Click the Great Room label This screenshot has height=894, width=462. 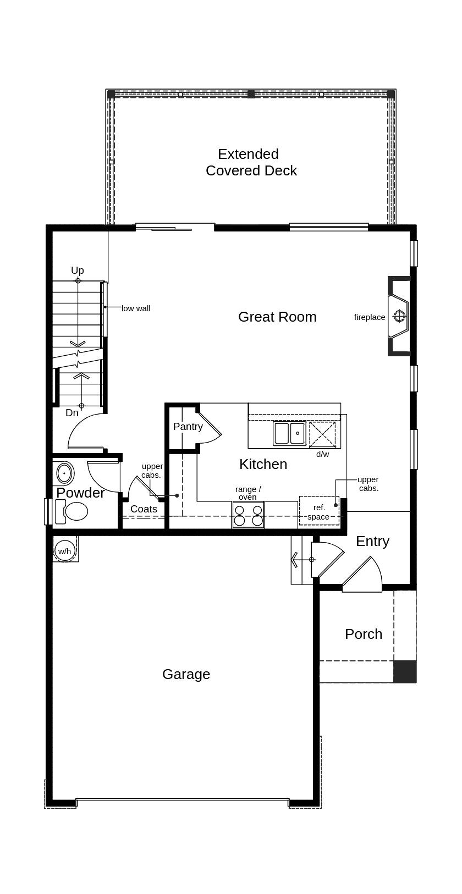point(277,317)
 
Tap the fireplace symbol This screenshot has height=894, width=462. point(399,316)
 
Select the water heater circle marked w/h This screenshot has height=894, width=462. point(64,551)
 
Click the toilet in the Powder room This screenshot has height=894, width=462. point(71,511)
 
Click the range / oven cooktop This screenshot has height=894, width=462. point(248,515)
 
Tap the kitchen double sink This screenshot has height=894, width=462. point(289,433)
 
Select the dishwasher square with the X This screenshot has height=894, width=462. point(322,434)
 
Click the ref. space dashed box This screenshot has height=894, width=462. point(319,510)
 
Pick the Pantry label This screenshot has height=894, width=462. point(188,427)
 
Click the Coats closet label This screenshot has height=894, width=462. point(144,509)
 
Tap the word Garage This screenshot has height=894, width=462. point(186,674)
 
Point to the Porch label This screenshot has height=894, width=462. point(364,634)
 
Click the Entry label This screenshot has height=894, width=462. point(372,542)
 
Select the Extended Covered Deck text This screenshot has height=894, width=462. point(251,162)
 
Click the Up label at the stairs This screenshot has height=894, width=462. point(78,270)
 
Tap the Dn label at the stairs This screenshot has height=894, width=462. point(72,413)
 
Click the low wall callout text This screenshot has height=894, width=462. point(136,308)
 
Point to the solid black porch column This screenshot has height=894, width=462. point(405,671)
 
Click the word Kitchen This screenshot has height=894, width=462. point(263,464)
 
